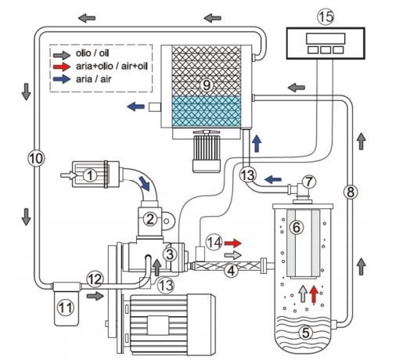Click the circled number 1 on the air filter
pyautogui.click(x=92, y=176)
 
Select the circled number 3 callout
pyautogui.click(x=168, y=253)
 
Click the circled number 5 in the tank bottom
pyautogui.click(x=306, y=332)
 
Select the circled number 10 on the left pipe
pyautogui.click(x=33, y=157)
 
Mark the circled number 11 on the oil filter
pyautogui.click(x=66, y=308)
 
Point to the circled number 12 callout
pyautogui.click(x=95, y=278)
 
